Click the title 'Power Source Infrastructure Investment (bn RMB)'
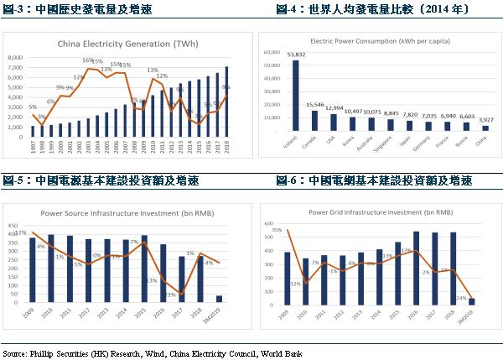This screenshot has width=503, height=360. pos(128,213)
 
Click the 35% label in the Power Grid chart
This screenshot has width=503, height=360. pos(277,228)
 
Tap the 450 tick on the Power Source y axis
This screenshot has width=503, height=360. pos(15,226)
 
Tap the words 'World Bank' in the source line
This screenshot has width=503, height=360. pos(285,353)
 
